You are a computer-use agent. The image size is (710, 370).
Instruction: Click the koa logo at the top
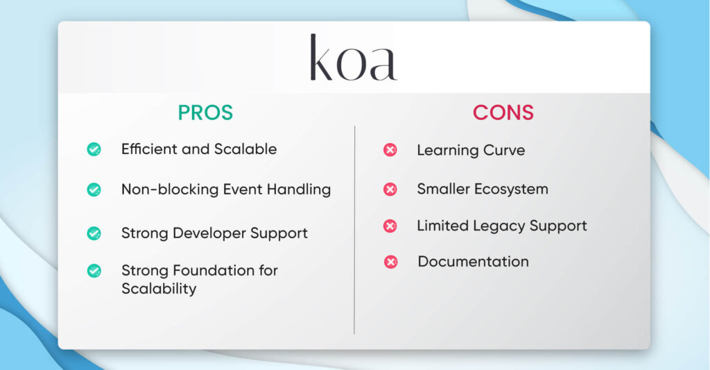pyautogui.click(x=353, y=58)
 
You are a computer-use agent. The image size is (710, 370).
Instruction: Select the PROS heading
pyautogui.click(x=205, y=113)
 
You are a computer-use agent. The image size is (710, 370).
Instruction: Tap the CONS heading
pyautogui.click(x=503, y=113)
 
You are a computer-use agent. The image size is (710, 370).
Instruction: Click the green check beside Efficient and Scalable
pyautogui.click(x=94, y=149)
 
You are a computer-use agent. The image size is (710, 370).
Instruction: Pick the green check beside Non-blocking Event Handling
pyautogui.click(x=94, y=190)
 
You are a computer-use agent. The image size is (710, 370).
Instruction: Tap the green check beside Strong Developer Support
pyautogui.click(x=94, y=233)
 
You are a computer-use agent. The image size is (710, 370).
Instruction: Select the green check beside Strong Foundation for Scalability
pyautogui.click(x=94, y=271)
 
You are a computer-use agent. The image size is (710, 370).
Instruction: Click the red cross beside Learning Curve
pyautogui.click(x=390, y=150)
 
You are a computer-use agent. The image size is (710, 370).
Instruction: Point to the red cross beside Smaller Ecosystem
pyautogui.click(x=390, y=189)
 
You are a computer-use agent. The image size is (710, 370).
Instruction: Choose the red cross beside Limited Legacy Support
pyautogui.click(x=390, y=226)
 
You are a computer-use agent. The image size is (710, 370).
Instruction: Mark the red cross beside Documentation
pyautogui.click(x=390, y=262)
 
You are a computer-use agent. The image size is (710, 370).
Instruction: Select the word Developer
pyautogui.click(x=205, y=233)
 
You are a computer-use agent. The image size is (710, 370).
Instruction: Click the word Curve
pyautogui.click(x=503, y=150)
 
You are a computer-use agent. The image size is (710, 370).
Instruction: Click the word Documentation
pyautogui.click(x=473, y=262)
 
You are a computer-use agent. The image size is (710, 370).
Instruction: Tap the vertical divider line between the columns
pyautogui.click(x=354, y=229)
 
